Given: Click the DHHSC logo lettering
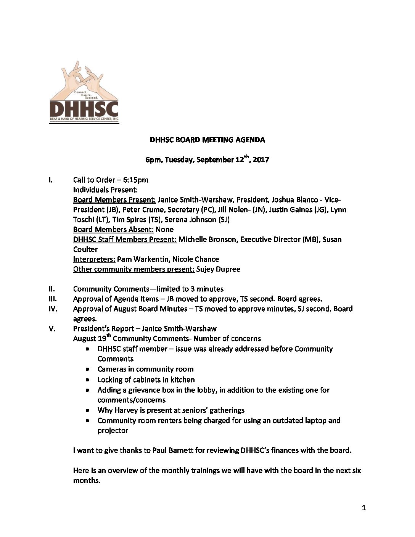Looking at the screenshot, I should click(84, 109).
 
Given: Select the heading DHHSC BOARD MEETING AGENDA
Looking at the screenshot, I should click(207, 140).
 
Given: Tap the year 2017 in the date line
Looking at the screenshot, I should click(261, 160).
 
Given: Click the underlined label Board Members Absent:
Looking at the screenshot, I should click(113, 230).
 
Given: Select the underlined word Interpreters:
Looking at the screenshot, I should click(94, 259).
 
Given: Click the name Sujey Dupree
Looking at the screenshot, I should click(218, 269).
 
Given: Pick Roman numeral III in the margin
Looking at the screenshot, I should click(53, 299).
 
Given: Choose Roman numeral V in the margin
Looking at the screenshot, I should click(52, 329).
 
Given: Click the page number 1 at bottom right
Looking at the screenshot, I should click(364, 508).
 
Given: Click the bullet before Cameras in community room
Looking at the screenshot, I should click(88, 370).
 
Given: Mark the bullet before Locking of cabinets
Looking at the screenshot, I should click(88, 380).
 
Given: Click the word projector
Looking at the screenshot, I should click(113, 431).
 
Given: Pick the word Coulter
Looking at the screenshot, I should click(85, 249).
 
